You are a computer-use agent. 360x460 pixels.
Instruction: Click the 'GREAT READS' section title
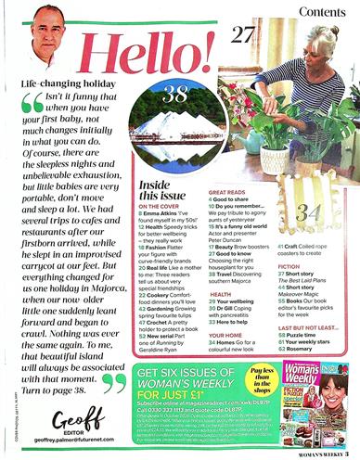228,211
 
